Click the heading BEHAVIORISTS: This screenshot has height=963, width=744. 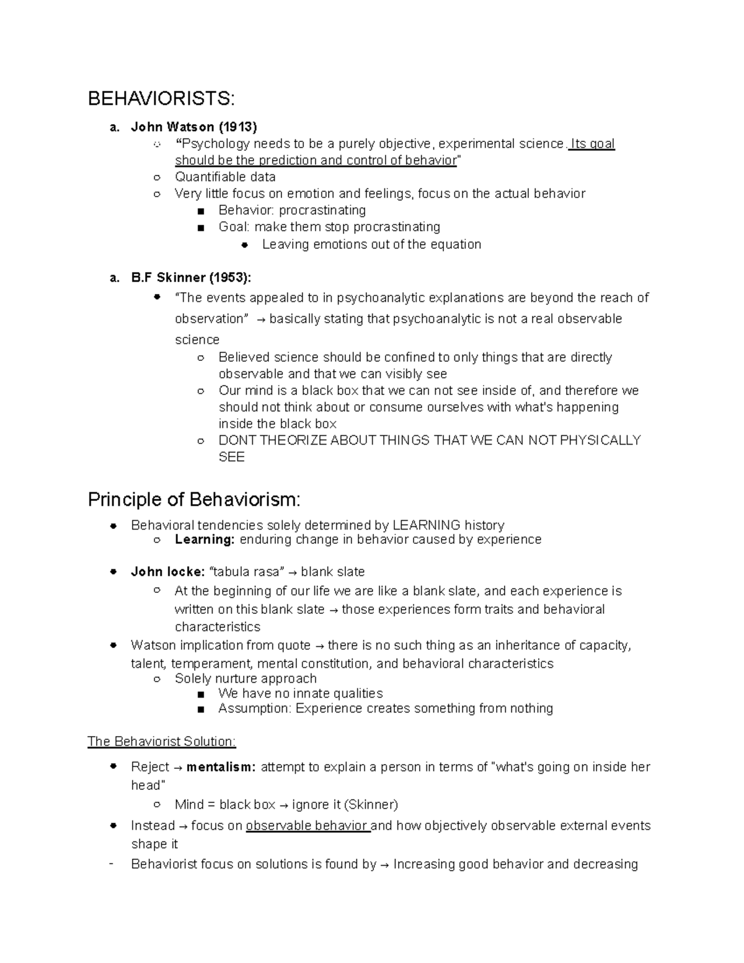click(161, 99)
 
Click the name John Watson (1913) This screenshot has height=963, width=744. click(193, 127)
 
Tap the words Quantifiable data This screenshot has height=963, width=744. click(225, 177)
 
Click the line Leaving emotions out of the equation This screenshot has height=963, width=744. click(371, 244)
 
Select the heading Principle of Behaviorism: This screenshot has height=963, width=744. click(194, 499)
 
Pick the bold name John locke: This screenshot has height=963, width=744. click(168, 572)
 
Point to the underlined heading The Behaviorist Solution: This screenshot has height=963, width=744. click(162, 742)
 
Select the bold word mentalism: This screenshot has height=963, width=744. click(221, 767)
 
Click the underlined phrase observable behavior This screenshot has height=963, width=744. click(308, 826)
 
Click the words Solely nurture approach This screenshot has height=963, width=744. click(246, 678)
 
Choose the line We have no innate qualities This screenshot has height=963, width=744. click(300, 693)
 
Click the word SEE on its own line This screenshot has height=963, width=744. click(231, 457)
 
